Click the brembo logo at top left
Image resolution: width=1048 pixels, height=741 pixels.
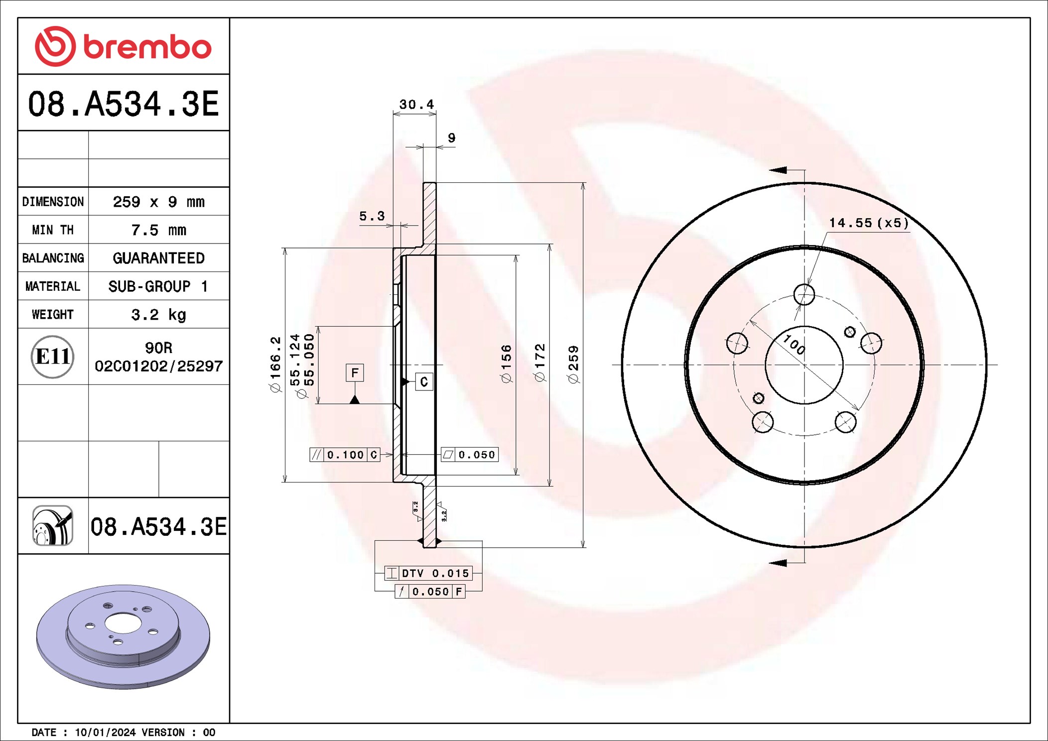point(123,46)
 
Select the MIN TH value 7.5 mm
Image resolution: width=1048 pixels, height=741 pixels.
point(158,230)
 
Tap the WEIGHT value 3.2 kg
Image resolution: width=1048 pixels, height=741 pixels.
point(158,315)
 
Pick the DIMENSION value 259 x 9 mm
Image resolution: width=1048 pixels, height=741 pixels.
point(158,202)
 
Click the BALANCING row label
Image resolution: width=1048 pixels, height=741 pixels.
point(53,258)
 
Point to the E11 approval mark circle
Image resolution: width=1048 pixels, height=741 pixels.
point(52,357)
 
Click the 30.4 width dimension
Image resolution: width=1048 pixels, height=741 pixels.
point(416,105)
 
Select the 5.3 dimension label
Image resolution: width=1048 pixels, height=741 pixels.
point(372,216)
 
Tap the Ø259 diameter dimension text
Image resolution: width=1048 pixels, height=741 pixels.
point(574,365)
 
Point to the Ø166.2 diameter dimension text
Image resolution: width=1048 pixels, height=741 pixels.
point(275,365)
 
